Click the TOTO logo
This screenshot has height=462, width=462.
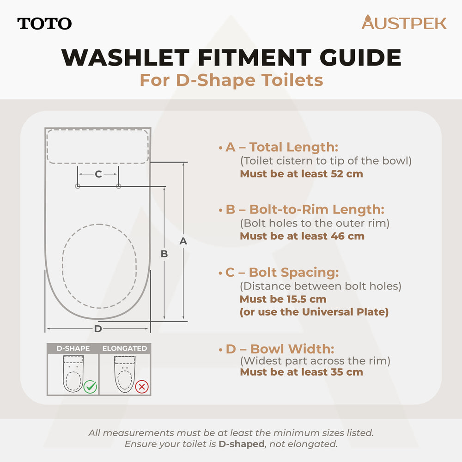tap(44, 24)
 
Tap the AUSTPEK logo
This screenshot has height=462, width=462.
tap(404, 23)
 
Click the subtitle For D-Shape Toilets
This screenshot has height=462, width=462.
tap(231, 80)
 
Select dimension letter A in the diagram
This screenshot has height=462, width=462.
tap(183, 241)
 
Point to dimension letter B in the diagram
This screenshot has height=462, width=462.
tap(164, 254)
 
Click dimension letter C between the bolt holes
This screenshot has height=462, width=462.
tap(98, 174)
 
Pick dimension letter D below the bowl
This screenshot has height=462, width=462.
tap(98, 329)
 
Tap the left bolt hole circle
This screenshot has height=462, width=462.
tap(78, 186)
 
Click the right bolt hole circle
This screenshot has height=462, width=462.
tap(119, 186)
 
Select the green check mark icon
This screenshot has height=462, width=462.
tap(90, 387)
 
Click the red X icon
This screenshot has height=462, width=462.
tap(141, 387)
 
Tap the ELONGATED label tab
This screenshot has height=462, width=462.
tap(125, 348)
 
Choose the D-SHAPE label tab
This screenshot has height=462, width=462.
tap(73, 348)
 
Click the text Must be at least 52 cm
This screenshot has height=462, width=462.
tap(301, 174)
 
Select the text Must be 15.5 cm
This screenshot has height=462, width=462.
tap(283, 299)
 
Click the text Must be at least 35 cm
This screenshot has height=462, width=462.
tap(301, 372)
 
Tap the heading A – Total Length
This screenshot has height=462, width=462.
tap(282, 147)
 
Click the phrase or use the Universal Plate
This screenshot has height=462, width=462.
tap(314, 312)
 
